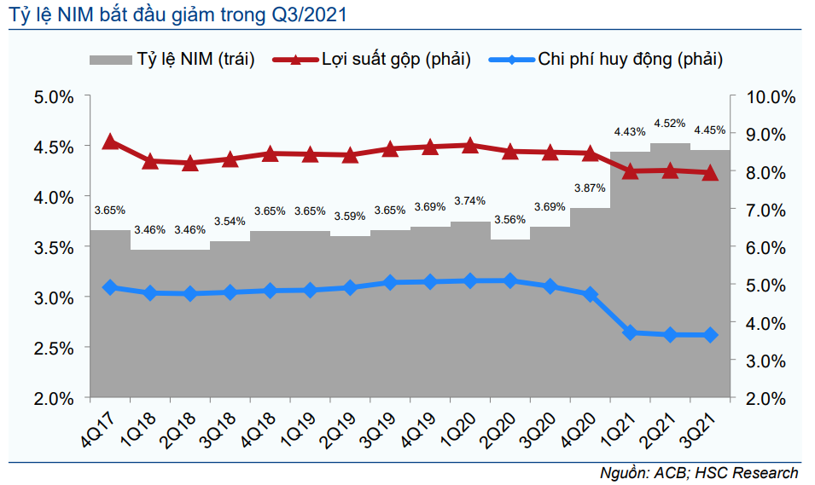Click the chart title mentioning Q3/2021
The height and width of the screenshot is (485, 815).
coord(178,14)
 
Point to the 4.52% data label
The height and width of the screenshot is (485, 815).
coord(670,124)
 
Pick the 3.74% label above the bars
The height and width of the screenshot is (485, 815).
coord(469,201)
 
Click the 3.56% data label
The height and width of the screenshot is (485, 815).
coord(510,219)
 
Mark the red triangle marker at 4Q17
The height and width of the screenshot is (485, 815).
coord(110,142)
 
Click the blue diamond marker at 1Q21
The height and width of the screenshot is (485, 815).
coord(630,332)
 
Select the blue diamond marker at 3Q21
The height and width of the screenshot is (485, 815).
coord(710,335)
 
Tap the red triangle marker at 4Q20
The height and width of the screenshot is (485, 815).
coord(591,153)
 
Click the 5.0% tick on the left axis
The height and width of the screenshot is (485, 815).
coord(53,96)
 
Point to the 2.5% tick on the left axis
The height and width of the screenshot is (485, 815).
coord(53,348)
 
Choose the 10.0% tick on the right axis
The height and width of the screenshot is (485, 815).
coord(771,96)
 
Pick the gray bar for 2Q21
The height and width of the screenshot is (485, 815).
coord(670,273)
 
